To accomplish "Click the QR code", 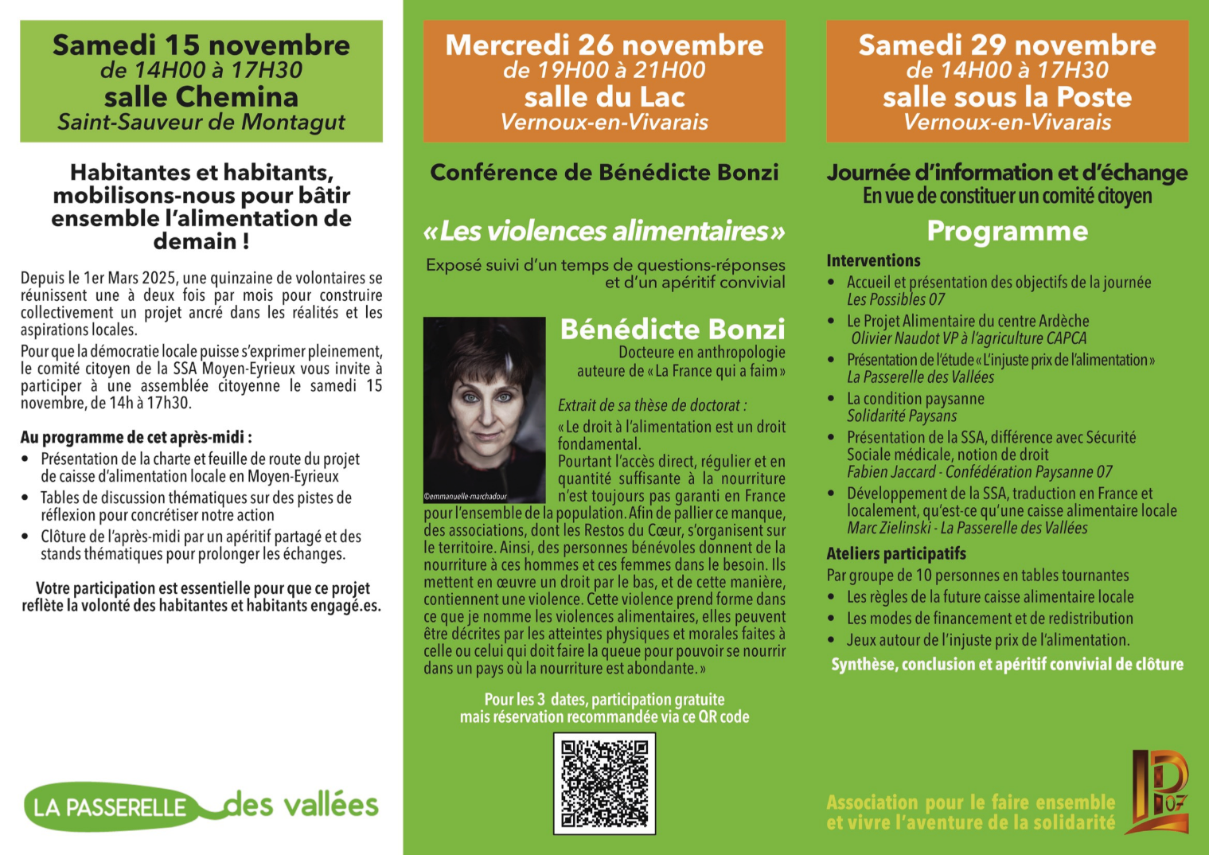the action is [604, 783].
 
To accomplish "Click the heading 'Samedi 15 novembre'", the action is [201, 45].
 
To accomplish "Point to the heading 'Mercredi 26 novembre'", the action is [604, 45].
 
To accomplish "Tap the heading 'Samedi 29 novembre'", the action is [1007, 45].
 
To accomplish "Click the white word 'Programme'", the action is [1007, 231].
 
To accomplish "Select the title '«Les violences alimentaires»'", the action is [604, 231].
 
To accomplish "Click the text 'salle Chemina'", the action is [201, 97].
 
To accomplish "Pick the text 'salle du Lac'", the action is [604, 97].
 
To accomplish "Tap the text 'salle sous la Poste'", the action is [1007, 97].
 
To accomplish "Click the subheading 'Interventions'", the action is [873, 260].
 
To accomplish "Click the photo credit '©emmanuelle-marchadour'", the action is [466, 496].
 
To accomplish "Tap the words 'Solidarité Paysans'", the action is [902, 416].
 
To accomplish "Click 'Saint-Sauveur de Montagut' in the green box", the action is [201, 123].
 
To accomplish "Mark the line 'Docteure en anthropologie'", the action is [701, 352].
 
